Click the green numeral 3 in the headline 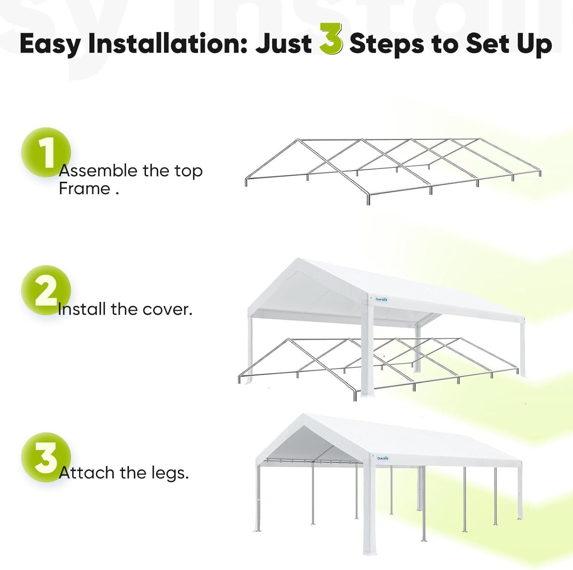pyautogui.click(x=331, y=39)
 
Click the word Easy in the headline pyautogui.click(x=49, y=44)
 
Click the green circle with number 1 pyautogui.click(x=46, y=152)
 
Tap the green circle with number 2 pyautogui.click(x=46, y=290)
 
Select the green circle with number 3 pyautogui.click(x=46, y=457)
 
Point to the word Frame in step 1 pyautogui.click(x=84, y=189)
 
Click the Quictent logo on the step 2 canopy pyautogui.click(x=382, y=300)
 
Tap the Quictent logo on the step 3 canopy pyautogui.click(x=382, y=459)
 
